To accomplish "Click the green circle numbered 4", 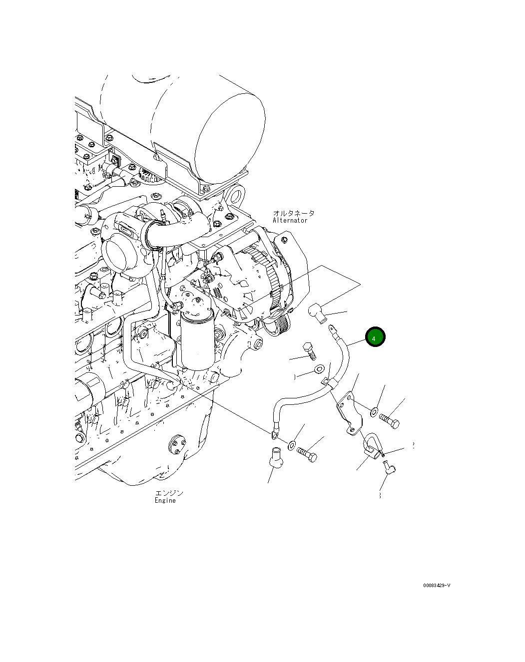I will coord(375,337).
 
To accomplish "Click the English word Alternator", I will coord(290,220).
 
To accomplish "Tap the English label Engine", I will coord(165,500).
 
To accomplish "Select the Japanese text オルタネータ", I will coord(293,213).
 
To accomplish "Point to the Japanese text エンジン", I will coord(169,493).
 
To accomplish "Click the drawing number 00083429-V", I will coord(436,586).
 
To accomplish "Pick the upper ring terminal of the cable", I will coord(332,329).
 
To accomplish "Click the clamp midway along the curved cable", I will coord(329,382).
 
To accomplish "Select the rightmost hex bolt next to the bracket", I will coord(389,420).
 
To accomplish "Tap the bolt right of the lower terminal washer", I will coord(307,454).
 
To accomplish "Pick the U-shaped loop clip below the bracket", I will coord(371,445).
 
